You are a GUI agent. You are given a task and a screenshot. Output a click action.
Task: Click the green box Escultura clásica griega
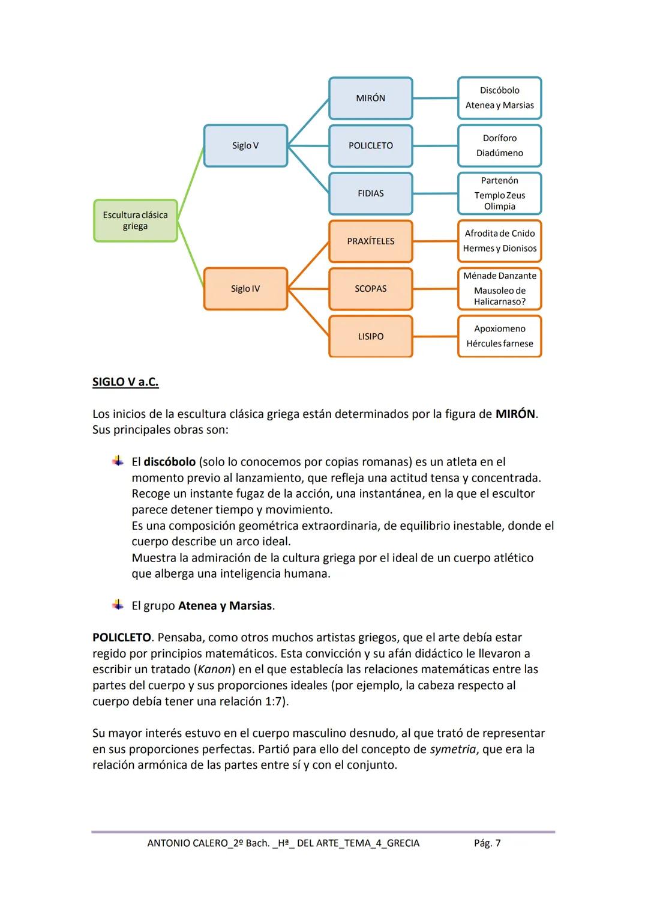[136, 220]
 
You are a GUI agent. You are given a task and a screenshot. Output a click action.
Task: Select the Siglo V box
[245, 145]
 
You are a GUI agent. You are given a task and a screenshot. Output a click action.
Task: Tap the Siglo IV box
[245, 289]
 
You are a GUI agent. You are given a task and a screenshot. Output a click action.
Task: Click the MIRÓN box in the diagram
[370, 98]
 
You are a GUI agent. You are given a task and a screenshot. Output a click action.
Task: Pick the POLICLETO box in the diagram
[370, 145]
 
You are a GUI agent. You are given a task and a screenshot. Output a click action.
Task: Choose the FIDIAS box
[370, 193]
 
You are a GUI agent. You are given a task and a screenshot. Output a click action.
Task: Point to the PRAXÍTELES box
[370, 241]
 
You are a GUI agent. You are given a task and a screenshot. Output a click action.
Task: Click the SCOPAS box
[370, 289]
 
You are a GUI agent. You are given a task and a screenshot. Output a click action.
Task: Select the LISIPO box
[370, 336]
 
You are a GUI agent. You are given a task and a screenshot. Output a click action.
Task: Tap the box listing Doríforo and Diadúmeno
[499, 145]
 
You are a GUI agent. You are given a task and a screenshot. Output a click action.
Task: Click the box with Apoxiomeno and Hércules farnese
[499, 336]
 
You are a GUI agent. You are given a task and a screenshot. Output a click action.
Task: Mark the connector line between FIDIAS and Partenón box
[435, 193]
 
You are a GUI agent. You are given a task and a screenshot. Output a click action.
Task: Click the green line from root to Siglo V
[191, 183]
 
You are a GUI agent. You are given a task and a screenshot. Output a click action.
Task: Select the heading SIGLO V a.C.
[125, 382]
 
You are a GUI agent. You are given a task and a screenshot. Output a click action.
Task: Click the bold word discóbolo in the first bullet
[169, 462]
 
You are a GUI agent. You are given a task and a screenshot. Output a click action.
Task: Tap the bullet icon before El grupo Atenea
[118, 605]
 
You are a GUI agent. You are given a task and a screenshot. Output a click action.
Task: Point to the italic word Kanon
[215, 669]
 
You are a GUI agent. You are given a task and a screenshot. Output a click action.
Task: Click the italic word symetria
[452, 749]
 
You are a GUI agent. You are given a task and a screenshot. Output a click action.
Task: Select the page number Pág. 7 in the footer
[487, 843]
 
